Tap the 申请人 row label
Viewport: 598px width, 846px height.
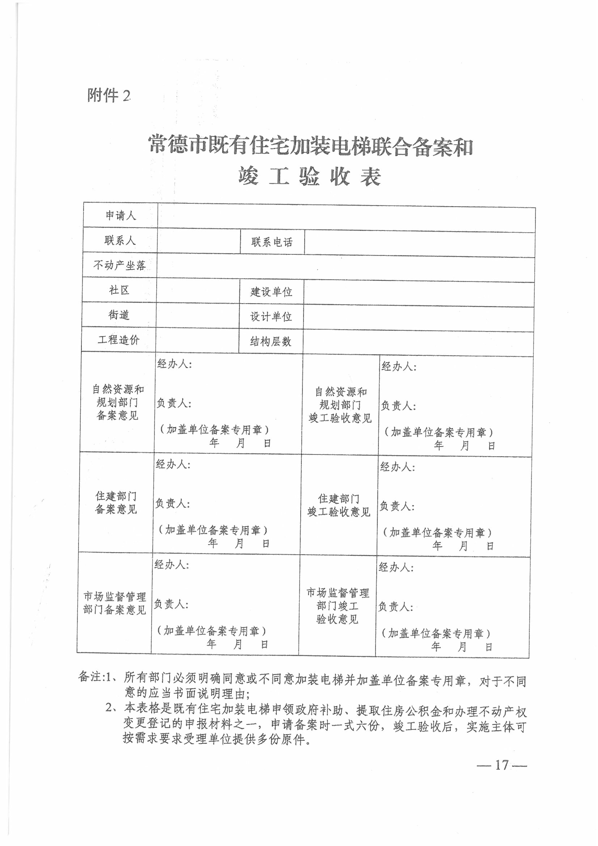coord(120,215)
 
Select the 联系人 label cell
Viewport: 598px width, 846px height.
coord(120,240)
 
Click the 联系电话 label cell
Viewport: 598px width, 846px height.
coord(272,242)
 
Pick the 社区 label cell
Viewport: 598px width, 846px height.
coord(119,290)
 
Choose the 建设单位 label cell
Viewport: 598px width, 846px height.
coord(271,292)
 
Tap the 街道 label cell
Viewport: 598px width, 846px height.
coord(119,315)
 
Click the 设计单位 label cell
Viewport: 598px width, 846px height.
coord(271,317)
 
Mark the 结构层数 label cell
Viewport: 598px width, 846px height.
coord(271,342)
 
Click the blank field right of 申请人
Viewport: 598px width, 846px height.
coord(346,217)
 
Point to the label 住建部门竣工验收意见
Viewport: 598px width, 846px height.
coord(339,505)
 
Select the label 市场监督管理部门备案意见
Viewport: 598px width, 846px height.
coord(115,603)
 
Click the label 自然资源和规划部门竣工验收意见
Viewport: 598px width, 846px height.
coord(340,405)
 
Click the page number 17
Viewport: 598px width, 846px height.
coord(502,765)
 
